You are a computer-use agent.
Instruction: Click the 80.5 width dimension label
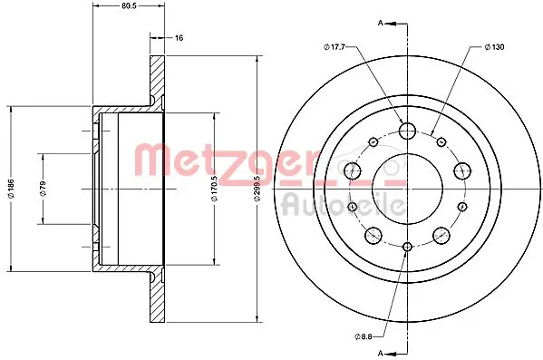[129, 5]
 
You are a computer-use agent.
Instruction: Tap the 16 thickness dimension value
[179, 38]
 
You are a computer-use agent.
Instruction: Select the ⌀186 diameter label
[11, 189]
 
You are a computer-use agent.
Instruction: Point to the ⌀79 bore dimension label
[43, 189]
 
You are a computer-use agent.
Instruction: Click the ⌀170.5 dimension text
[214, 188]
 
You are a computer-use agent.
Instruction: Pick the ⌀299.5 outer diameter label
[257, 188]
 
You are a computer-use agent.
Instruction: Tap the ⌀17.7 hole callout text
[335, 47]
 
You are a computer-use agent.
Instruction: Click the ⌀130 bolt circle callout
[494, 47]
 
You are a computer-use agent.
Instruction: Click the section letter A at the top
[380, 24]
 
